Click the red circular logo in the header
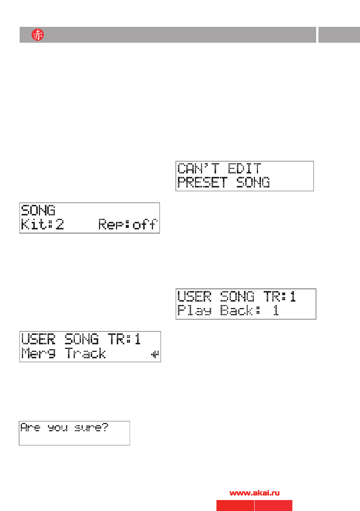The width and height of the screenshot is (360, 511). pyautogui.click(x=38, y=35)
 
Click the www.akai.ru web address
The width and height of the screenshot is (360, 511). pyautogui.click(x=255, y=493)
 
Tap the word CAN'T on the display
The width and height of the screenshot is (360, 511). pyautogui.click(x=198, y=168)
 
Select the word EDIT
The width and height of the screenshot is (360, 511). pyautogui.click(x=244, y=168)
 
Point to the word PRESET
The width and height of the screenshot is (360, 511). pyautogui.click(x=202, y=182)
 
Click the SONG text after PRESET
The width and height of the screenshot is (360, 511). pyautogui.click(x=253, y=182)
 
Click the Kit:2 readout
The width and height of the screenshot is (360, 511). pyautogui.click(x=42, y=224)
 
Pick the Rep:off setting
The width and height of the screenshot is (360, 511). pyautogui.click(x=128, y=224)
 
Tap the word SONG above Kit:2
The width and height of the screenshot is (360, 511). pyautogui.click(x=38, y=210)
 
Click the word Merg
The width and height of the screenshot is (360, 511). pyautogui.click(x=38, y=353)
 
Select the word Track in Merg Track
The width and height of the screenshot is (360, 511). pyautogui.click(x=85, y=353)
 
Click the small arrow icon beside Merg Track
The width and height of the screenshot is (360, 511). pyautogui.click(x=155, y=355)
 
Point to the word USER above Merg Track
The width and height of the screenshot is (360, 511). pyautogui.click(x=38, y=339)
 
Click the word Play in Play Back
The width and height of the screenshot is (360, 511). pyautogui.click(x=195, y=310)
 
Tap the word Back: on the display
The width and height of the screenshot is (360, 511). pyautogui.click(x=240, y=310)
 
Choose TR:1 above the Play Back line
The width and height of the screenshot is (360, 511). pyautogui.click(x=280, y=296)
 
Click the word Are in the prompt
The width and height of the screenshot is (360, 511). pyautogui.click(x=30, y=427)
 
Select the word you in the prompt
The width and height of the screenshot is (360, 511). pyautogui.click(x=58, y=428)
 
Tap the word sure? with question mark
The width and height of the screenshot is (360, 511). pyautogui.click(x=91, y=427)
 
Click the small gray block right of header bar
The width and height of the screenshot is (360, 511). pyautogui.click(x=339, y=35)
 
